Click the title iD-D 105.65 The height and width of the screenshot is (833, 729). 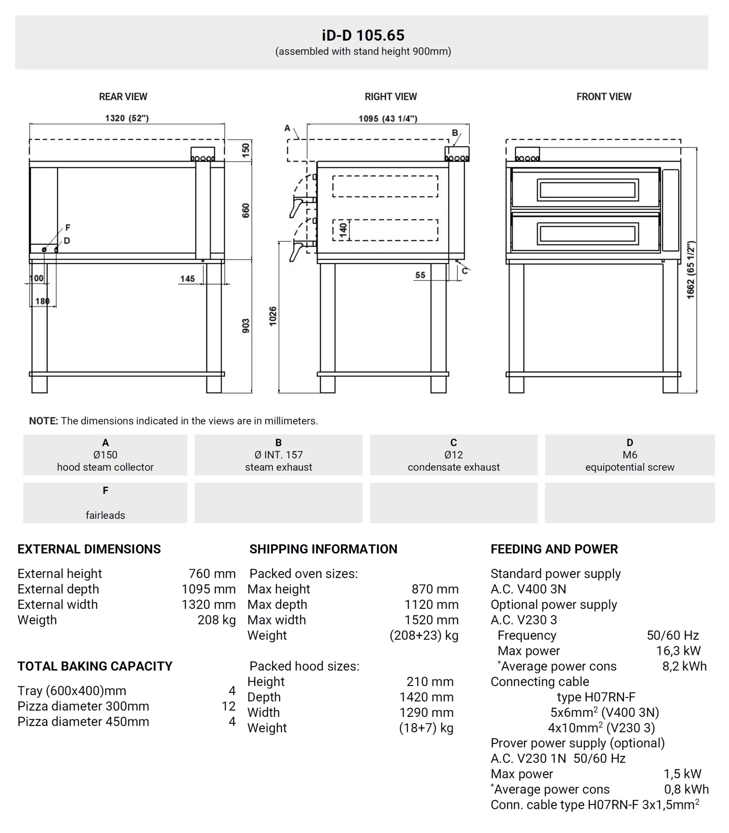click(x=363, y=35)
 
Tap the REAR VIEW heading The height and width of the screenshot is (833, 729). click(x=123, y=97)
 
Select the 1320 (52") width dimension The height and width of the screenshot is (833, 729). click(x=127, y=118)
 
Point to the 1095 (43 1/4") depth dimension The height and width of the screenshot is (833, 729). click(x=388, y=119)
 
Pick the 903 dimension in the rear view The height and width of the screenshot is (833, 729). click(x=246, y=326)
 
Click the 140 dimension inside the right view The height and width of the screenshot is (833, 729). click(x=344, y=230)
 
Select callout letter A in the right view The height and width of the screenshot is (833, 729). click(x=287, y=128)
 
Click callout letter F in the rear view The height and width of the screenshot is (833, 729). click(x=68, y=228)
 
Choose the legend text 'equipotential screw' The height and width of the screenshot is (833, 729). click(x=629, y=467)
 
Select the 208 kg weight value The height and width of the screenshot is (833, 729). click(x=216, y=620)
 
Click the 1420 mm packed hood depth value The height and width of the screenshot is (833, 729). click(x=426, y=697)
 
